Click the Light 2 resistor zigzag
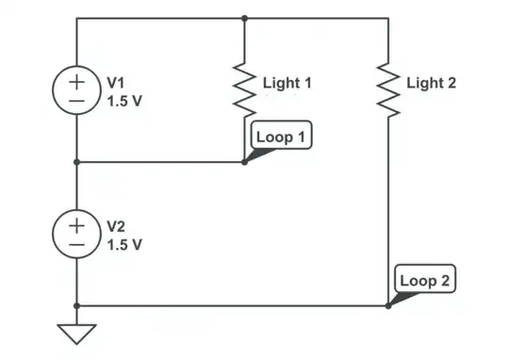click(x=388, y=90)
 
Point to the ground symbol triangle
click(x=76, y=334)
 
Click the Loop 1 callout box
click(x=281, y=137)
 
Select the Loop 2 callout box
click(x=425, y=280)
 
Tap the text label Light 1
click(x=287, y=83)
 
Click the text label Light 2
click(x=431, y=83)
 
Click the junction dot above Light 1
click(x=245, y=17)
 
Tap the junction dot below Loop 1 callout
click(x=245, y=161)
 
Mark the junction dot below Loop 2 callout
click(x=388, y=305)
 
